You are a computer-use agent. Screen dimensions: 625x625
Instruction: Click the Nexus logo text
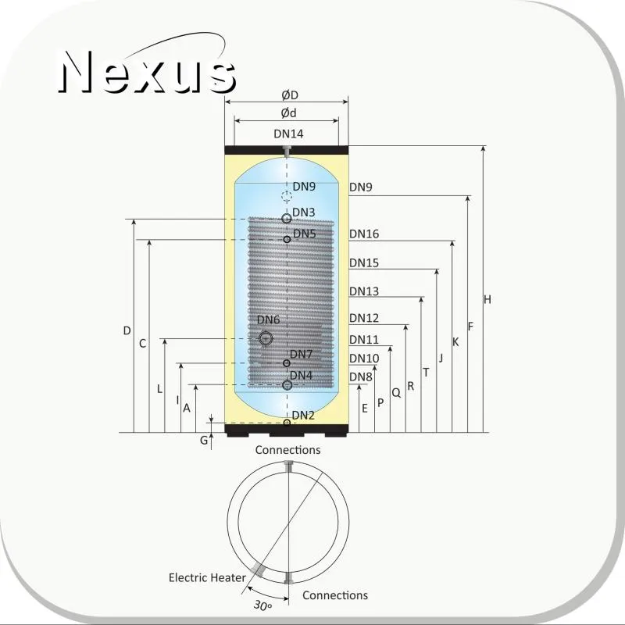pos(148,72)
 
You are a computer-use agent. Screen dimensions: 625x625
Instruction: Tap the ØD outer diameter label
pos(290,95)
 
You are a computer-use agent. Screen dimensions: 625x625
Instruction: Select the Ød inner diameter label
pos(288,113)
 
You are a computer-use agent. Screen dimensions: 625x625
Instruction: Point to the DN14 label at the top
pos(288,134)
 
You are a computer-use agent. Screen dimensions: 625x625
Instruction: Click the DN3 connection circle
pos(287,219)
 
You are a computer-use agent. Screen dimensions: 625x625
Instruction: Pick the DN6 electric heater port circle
pos(266,338)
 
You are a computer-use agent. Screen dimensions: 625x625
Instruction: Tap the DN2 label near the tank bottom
pos(303,416)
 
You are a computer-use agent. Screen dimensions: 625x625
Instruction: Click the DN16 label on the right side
pos(364,234)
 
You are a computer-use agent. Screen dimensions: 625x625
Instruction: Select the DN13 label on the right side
pos(364,291)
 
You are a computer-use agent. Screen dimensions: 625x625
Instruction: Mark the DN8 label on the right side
pos(360,377)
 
